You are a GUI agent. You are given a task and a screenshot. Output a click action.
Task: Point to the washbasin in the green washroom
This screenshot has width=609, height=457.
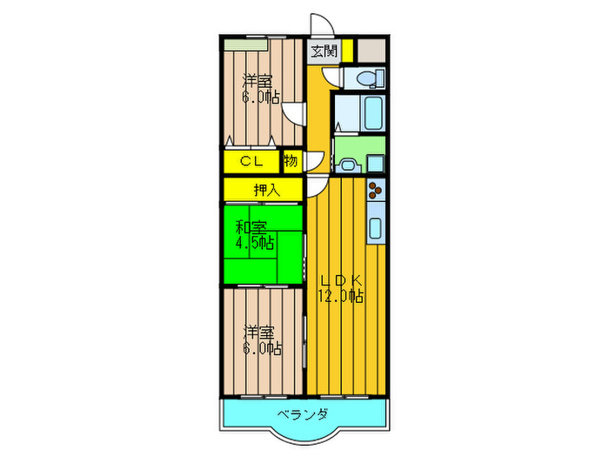tap(348, 162)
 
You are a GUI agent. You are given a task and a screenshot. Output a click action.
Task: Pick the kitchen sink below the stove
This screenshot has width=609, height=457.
tap(376, 228)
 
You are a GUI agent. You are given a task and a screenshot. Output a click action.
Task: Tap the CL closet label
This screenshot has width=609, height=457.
tap(252, 161)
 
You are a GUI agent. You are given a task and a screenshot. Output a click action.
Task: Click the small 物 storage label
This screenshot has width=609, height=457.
tap(291, 161)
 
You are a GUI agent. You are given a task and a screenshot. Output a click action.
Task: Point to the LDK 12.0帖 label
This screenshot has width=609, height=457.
tap(340, 288)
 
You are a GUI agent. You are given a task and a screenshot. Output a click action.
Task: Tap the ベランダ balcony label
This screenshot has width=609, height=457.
tap(303, 413)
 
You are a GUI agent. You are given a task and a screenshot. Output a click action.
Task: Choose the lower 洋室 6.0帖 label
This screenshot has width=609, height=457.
tap(261, 340)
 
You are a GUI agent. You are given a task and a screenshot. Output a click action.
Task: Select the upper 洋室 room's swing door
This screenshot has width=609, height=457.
tap(294, 113)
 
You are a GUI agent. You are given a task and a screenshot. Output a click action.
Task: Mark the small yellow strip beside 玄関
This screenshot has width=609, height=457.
tap(347, 50)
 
